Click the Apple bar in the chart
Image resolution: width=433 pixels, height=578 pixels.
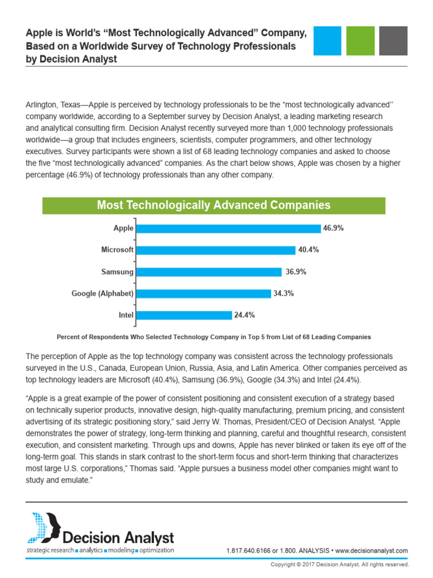pos(228,229)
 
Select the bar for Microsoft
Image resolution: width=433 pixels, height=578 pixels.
pos(216,250)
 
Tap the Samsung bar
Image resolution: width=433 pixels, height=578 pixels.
pos(209,272)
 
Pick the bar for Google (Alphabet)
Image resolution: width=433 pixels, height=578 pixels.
pos(204,294)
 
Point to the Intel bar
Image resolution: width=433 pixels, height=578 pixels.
pos(184,316)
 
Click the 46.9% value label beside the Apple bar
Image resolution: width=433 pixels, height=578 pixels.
pos(333,228)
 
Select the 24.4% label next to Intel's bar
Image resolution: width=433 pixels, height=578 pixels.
pos(245,315)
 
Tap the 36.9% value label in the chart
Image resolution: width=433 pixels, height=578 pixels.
pos(296,272)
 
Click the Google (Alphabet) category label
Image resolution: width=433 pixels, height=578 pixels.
pos(103,294)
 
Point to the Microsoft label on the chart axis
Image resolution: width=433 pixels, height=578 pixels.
pos(117,250)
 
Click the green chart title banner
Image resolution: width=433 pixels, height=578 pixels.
pos(214,205)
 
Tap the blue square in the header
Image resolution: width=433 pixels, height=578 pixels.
pos(328,41)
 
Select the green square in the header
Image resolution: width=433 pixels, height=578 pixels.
pos(360,41)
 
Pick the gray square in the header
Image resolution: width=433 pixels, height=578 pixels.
pos(393,41)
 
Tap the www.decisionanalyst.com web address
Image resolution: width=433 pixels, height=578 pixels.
pos(372,551)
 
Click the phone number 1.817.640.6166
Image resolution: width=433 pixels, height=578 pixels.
pos(249,551)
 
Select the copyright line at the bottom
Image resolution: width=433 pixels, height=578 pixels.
pos(339,564)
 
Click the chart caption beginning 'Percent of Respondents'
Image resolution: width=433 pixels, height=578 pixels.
pos(214,337)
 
